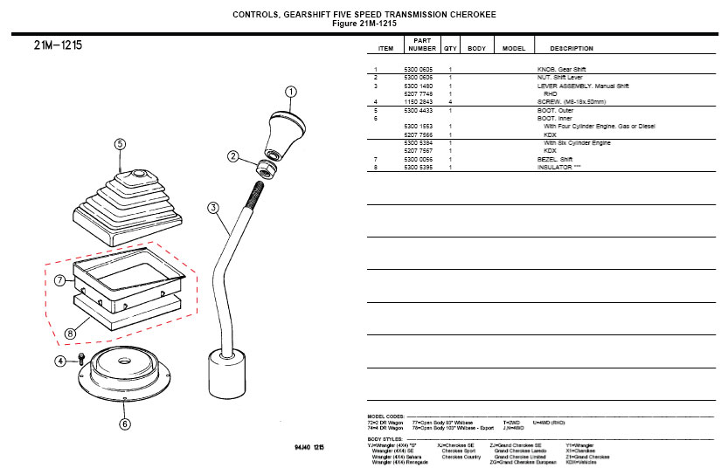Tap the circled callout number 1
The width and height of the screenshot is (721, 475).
tap(291, 92)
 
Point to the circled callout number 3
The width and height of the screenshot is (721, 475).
tap(213, 208)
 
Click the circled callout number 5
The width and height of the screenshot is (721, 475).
tap(121, 145)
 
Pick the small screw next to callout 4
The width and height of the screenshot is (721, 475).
tap(81, 359)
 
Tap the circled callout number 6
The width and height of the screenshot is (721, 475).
tap(125, 424)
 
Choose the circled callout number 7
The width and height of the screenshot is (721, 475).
tap(59, 280)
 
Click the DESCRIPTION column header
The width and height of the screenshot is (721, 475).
tap(572, 48)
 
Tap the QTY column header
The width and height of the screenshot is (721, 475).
tap(450, 48)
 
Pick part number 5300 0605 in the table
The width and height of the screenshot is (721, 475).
tap(417, 69)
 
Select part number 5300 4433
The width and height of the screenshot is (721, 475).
tap(417, 111)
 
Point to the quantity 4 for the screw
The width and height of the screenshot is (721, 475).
tap(450, 102)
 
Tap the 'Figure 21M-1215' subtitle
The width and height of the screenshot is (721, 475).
tap(364, 24)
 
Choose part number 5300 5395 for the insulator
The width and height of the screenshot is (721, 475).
tap(417, 166)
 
